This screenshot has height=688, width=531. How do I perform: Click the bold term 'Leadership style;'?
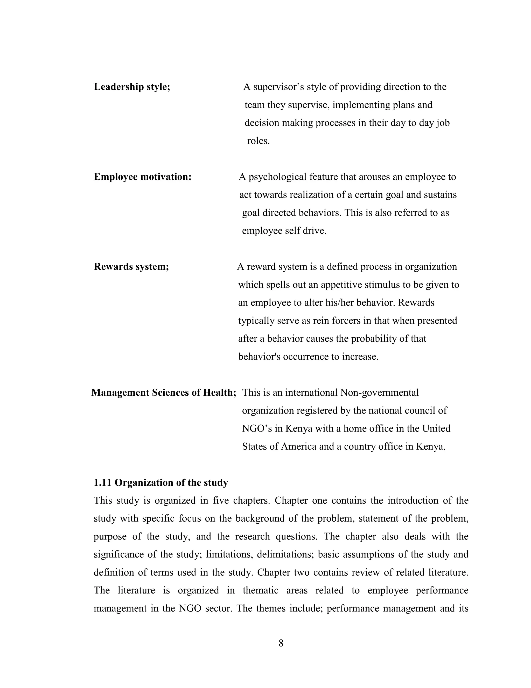coord(132,87)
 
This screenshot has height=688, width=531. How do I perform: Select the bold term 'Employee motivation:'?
coord(143,177)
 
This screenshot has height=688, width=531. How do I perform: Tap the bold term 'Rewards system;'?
coord(131,267)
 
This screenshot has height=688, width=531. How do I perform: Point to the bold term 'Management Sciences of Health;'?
coord(164,393)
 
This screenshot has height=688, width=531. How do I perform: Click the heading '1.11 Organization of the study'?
coord(161,483)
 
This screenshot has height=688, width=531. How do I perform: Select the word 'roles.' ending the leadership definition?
coord(258,140)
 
